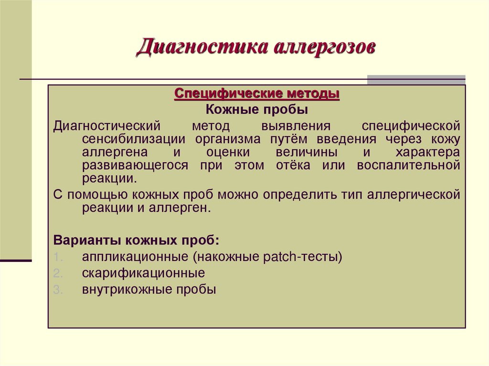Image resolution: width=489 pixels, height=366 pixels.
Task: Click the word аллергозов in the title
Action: [325, 49]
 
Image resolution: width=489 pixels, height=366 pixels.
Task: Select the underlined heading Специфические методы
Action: [257, 93]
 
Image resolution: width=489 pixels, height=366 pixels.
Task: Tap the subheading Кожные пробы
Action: [257, 110]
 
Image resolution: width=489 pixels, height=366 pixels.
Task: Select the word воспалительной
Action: [408, 166]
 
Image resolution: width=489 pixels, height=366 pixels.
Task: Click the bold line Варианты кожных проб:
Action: [137, 240]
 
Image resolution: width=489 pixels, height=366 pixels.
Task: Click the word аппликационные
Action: [135, 257]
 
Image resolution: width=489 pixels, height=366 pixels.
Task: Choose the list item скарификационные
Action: [143, 273]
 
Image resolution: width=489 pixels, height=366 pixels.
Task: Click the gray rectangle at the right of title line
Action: [416, 80]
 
